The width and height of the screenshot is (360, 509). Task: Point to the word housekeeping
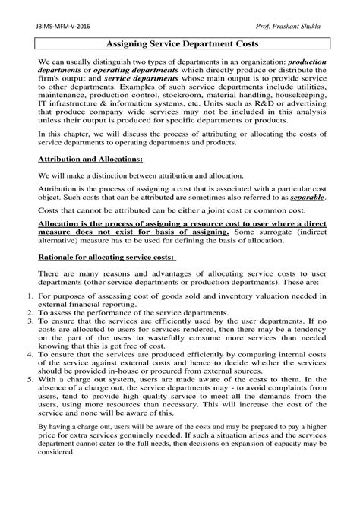coord(304,111)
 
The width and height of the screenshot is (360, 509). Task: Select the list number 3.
coord(22,343)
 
